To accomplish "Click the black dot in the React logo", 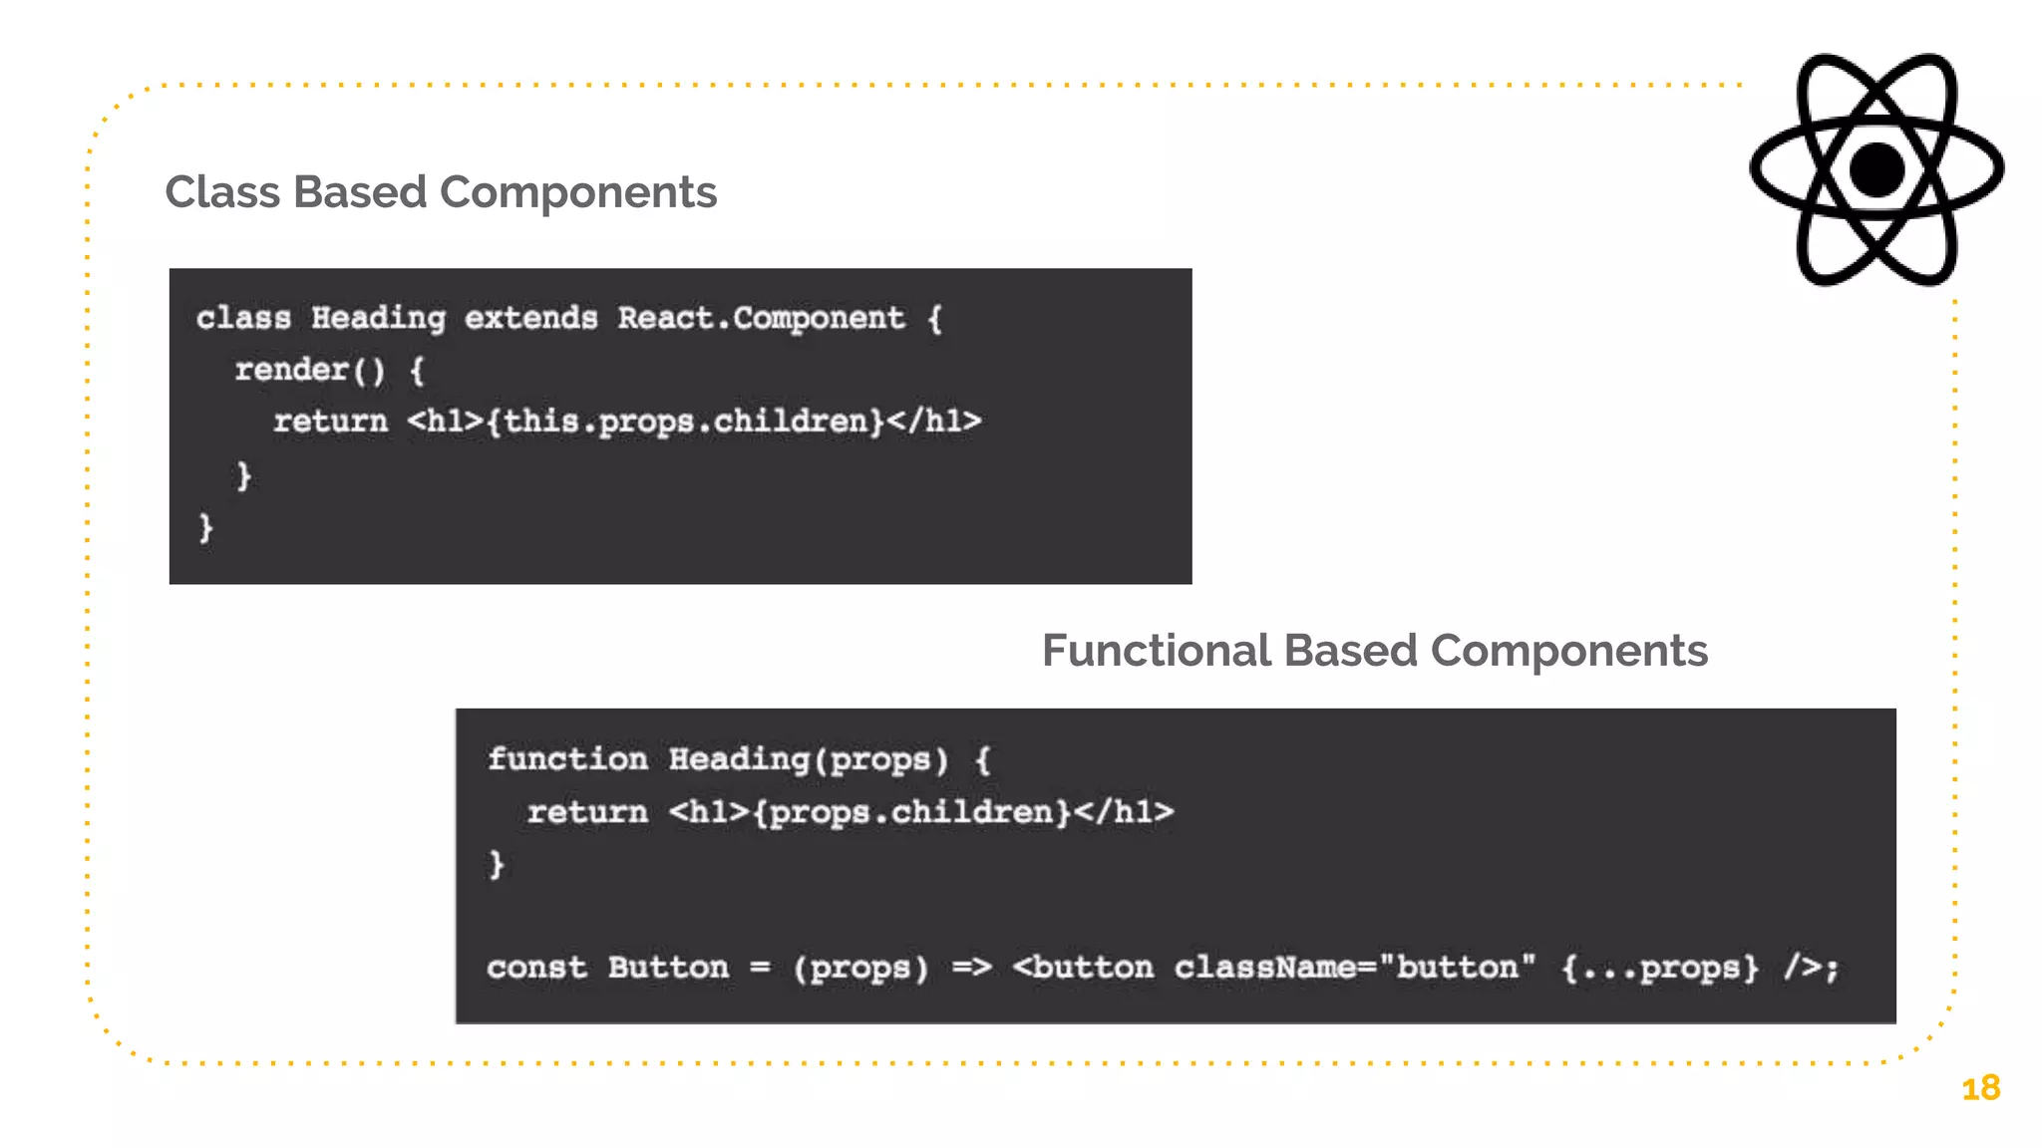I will (1876, 169).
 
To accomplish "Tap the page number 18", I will (1980, 1088).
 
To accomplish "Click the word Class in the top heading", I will (222, 192).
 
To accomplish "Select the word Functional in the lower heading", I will (1156, 651).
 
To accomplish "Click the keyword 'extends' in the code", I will (531, 318).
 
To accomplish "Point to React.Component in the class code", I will (761, 318).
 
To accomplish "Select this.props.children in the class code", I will (685, 422).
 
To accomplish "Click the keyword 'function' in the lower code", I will (566, 759).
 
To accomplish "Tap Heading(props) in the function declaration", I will (808, 759).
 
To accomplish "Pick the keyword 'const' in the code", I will (536, 968).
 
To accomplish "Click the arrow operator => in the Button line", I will (971, 968).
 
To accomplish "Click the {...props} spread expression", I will (1660, 968).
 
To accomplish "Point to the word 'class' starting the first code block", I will (243, 318).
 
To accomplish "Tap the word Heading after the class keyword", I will (378, 318).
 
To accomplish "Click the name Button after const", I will (668, 968).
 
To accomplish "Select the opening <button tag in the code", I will (1083, 968).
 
